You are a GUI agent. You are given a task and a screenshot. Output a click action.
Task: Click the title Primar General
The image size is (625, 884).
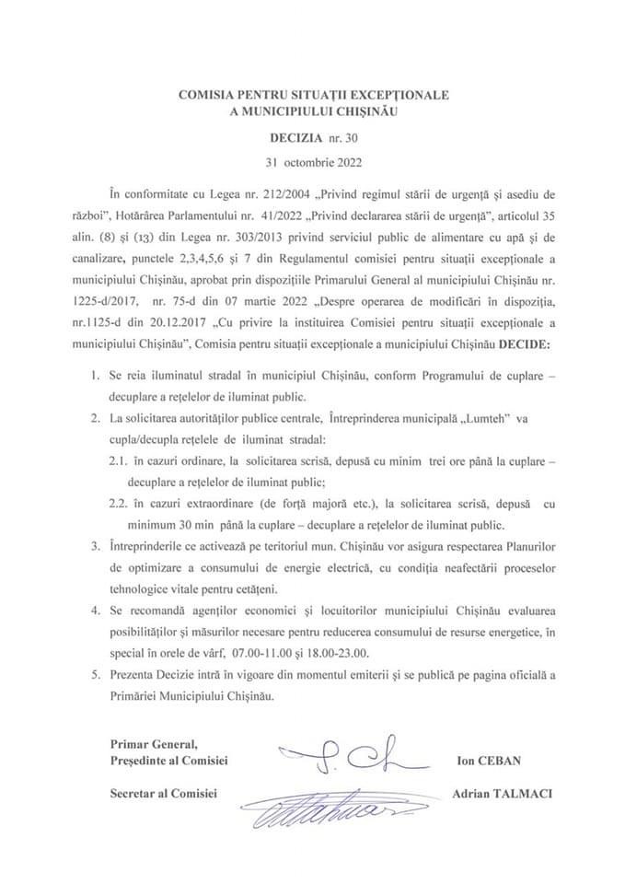147,744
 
